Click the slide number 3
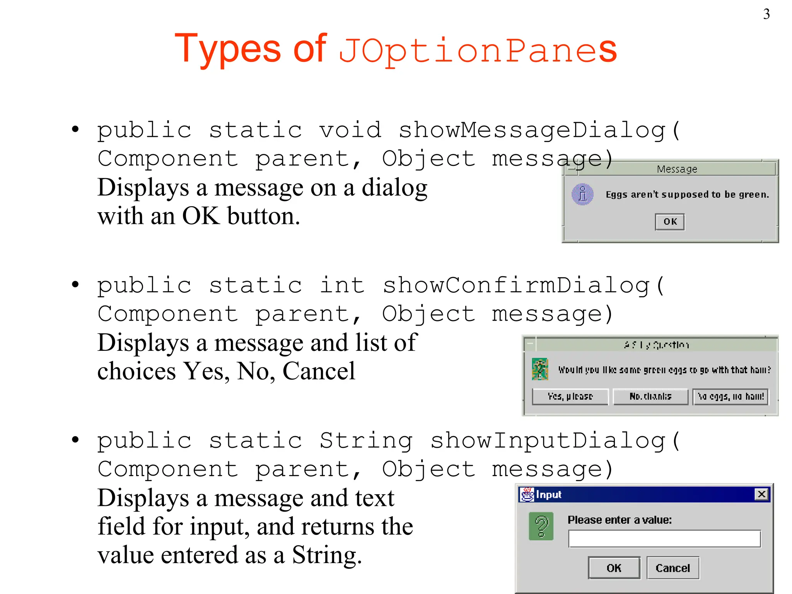click(766, 14)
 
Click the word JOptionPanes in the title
click(477, 50)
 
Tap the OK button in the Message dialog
click(670, 222)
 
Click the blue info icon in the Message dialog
click(582, 194)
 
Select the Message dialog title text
click(677, 169)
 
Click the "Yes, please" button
click(570, 397)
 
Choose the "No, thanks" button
click(650, 397)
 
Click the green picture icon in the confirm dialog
click(540, 369)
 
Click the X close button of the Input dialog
click(761, 494)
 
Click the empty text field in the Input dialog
click(664, 539)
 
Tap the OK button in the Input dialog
click(614, 568)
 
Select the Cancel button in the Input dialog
click(673, 568)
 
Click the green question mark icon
click(541, 526)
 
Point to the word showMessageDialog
click(533, 130)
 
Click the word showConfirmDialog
click(517, 286)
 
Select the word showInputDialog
click(548, 441)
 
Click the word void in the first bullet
click(350, 130)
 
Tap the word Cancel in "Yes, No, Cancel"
click(319, 371)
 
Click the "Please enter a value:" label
click(620, 520)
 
